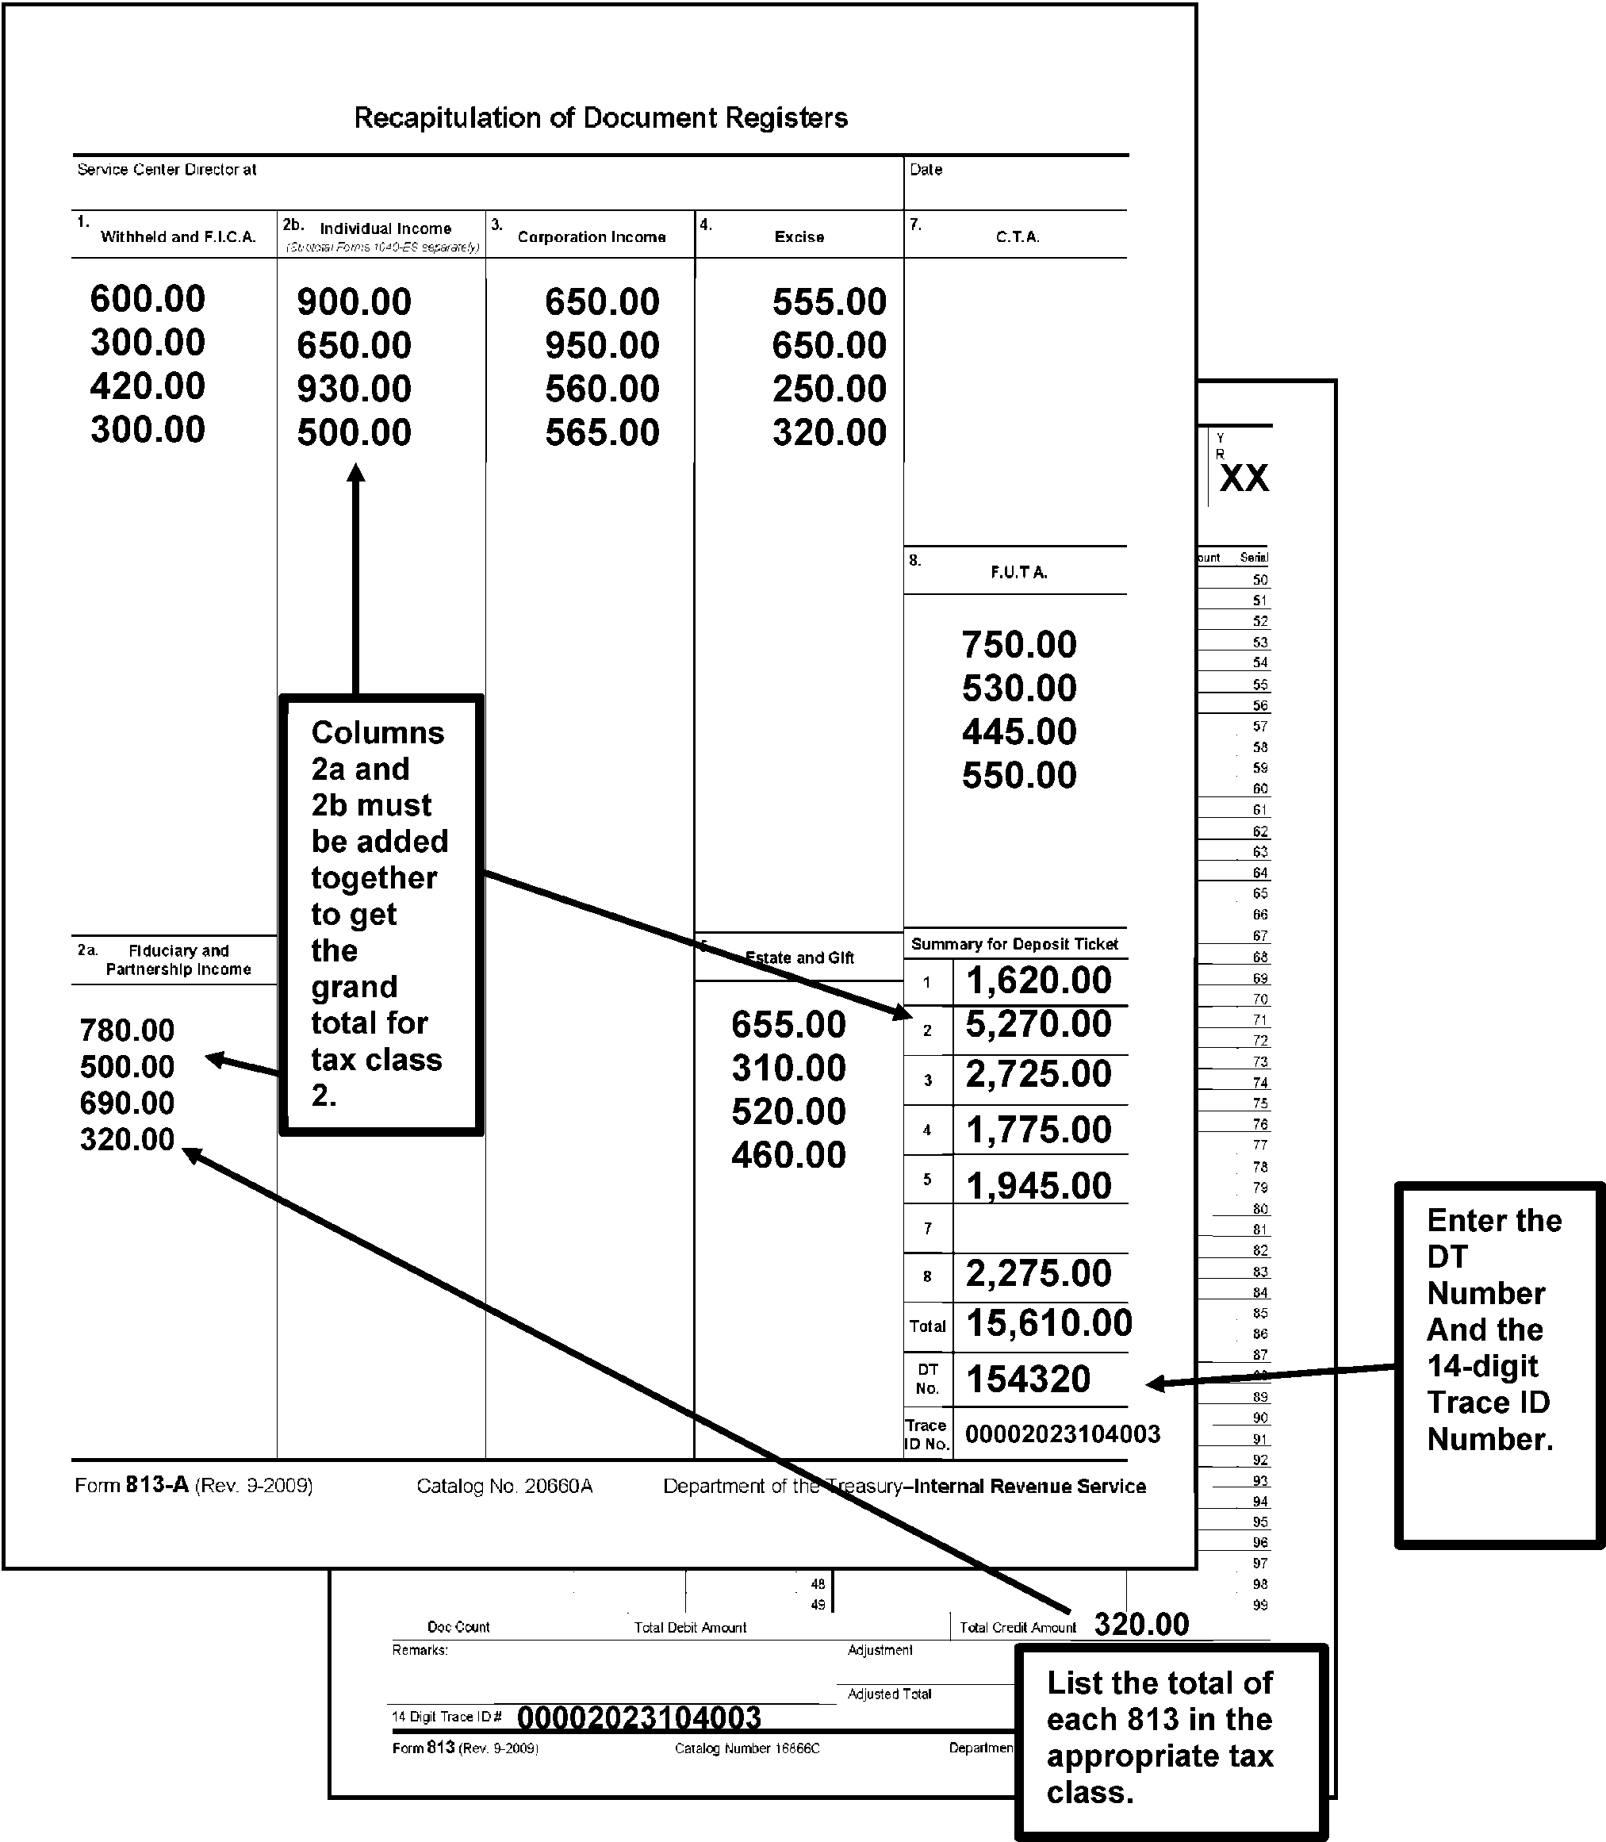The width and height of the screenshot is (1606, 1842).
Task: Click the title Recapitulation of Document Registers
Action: coord(600,117)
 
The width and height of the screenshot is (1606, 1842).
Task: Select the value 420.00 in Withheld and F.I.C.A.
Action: coord(148,386)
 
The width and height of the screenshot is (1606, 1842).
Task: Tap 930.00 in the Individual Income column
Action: coord(354,389)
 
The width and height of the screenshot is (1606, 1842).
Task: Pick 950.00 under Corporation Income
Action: coord(602,345)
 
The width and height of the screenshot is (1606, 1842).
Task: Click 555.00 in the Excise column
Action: coord(829,302)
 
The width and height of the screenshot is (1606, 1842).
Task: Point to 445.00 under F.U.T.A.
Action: coord(1019,732)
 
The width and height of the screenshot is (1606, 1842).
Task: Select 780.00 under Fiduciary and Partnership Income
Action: coord(127,1030)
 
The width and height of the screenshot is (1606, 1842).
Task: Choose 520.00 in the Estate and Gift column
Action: coord(788,1111)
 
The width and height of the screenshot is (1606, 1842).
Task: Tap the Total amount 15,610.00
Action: coord(1048,1323)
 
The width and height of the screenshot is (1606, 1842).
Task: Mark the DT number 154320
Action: coord(1028,1380)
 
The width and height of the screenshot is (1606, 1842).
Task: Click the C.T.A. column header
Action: coord(1018,236)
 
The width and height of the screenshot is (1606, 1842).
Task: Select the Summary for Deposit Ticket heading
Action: coord(1014,944)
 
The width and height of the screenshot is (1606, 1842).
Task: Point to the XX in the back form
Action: coord(1244,478)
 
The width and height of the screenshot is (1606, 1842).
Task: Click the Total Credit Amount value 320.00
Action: coord(1142,1624)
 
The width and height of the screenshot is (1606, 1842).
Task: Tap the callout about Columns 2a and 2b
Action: coord(380,915)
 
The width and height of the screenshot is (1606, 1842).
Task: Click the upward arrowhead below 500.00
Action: coord(356,474)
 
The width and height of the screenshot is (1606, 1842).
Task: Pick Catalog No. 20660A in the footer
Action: coord(504,1486)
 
